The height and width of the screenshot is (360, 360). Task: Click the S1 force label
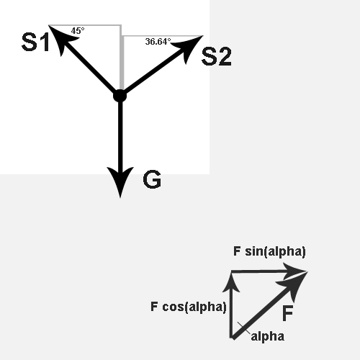[x=35, y=42]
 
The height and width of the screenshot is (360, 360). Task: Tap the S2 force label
[x=217, y=56]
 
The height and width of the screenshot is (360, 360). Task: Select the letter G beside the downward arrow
[x=152, y=179]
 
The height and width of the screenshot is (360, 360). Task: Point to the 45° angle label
[x=78, y=31]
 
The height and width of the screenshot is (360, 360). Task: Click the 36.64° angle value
[x=158, y=42]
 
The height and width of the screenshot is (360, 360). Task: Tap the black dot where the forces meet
[x=120, y=96]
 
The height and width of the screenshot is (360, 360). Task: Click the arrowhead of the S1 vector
[x=61, y=38]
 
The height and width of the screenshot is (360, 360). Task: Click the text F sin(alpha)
[x=269, y=251]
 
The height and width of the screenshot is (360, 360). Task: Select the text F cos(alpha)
[x=189, y=307]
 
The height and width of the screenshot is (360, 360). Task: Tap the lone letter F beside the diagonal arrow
[x=287, y=313]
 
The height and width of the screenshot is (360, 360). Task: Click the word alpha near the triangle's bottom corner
[x=268, y=336]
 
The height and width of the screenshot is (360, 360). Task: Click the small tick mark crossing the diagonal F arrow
[x=244, y=328]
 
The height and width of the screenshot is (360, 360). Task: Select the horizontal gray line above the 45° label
[x=85, y=25]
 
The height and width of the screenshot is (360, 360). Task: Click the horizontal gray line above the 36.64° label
[x=162, y=36]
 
